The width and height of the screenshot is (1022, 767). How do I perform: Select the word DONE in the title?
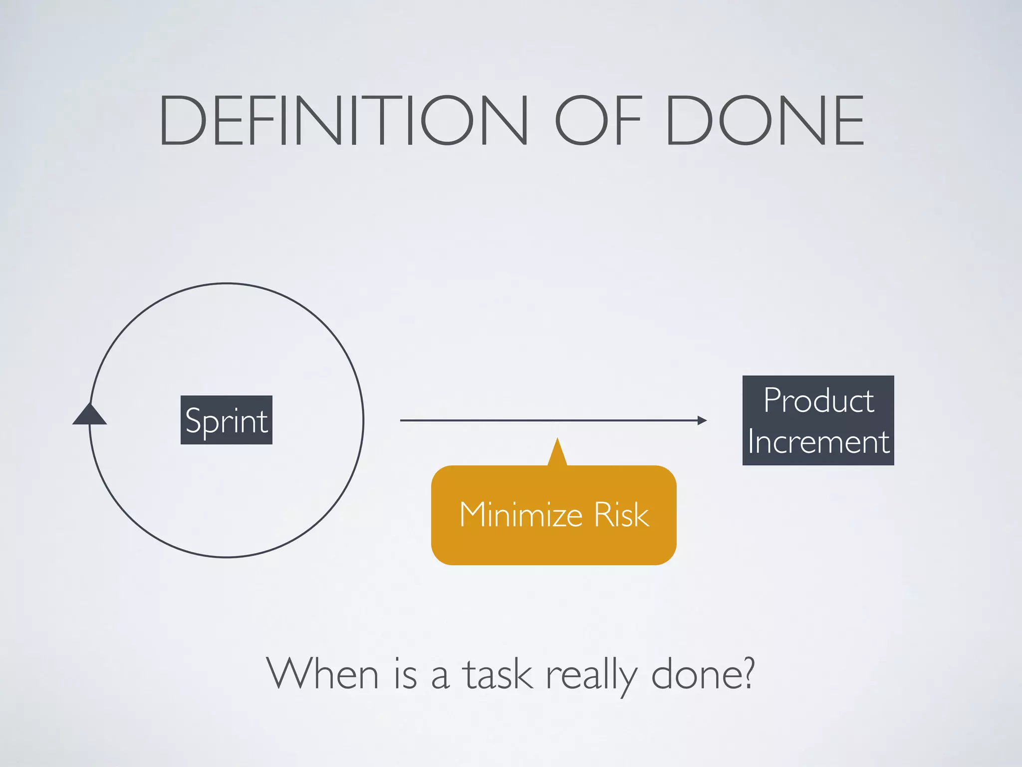(765, 121)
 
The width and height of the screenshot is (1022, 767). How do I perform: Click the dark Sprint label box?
(226, 420)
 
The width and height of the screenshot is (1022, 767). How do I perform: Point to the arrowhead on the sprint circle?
(89, 414)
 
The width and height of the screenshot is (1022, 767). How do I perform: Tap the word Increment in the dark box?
(818, 442)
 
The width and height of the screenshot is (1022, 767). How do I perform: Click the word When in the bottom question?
(322, 674)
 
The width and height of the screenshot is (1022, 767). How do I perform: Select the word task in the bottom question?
(497, 674)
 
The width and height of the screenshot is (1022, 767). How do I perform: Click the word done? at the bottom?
(703, 674)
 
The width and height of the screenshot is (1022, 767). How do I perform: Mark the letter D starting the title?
(182, 121)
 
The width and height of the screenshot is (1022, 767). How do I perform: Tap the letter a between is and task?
(440, 677)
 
